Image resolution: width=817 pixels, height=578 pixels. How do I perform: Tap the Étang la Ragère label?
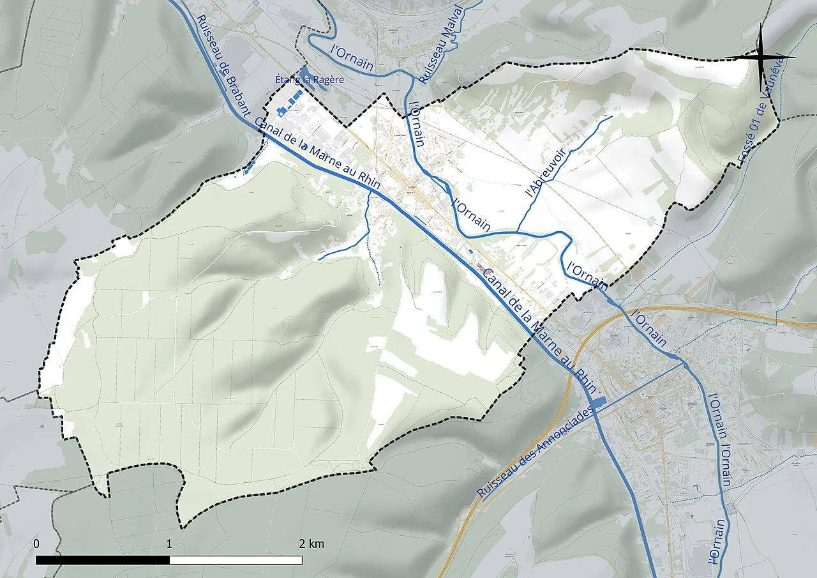click(x=309, y=80)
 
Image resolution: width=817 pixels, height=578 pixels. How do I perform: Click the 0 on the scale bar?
click(x=37, y=544)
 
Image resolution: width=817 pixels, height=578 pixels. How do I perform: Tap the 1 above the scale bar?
click(x=169, y=544)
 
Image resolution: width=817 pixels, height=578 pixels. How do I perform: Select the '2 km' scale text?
click(x=311, y=544)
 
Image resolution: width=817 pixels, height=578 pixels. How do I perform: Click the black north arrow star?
click(x=761, y=57)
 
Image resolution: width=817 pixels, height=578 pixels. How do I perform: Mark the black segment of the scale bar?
click(x=102, y=560)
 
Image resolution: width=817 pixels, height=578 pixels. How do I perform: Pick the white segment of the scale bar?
click(x=236, y=560)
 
